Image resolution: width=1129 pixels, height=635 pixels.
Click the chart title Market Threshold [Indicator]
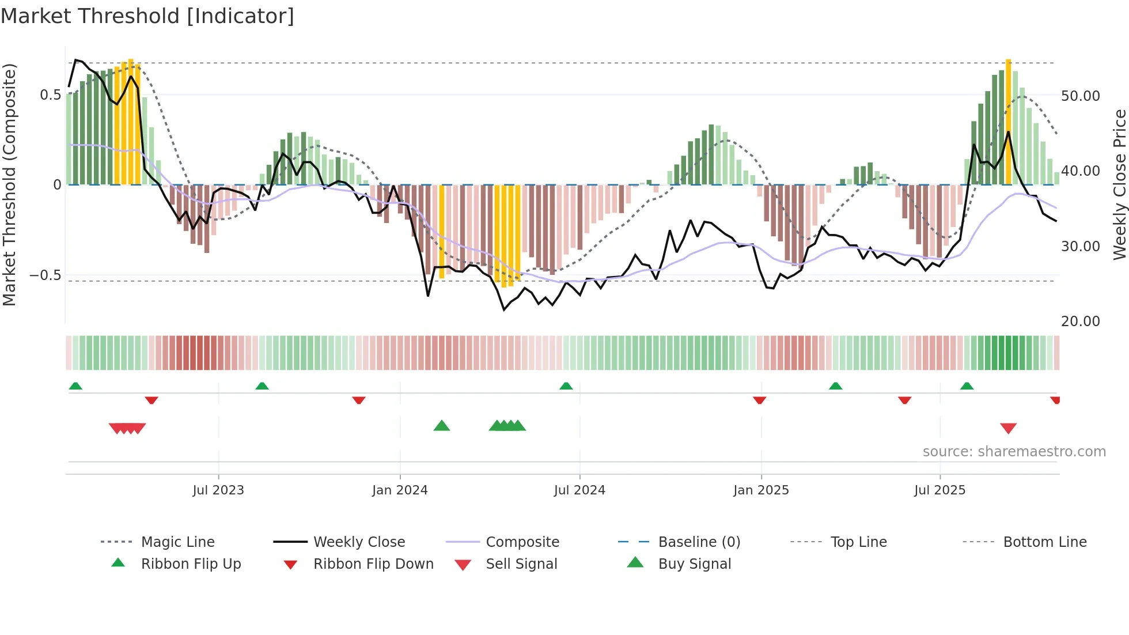[x=147, y=16]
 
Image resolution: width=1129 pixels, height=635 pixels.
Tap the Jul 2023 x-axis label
[x=218, y=490]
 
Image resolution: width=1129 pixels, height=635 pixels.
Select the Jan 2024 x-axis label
[x=400, y=490]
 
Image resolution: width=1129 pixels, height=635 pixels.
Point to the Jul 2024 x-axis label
[x=579, y=490]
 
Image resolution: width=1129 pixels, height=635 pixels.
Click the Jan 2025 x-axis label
[x=761, y=490]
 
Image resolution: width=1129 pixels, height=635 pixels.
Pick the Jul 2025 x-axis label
[x=939, y=490]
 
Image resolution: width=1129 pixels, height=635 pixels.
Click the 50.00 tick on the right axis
[x=1080, y=96]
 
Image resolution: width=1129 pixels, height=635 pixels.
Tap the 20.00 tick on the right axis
[x=1080, y=321]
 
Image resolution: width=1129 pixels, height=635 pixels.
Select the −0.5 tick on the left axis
[x=46, y=275]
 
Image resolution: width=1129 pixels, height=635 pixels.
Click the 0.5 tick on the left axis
[x=50, y=95]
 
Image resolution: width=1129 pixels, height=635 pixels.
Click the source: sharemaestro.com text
[x=1014, y=451]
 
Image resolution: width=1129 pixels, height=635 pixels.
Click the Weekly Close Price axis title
[x=1119, y=184]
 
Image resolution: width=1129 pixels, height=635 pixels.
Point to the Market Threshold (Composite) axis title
[x=9, y=184]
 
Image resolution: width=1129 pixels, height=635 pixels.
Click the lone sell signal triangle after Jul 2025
[x=1008, y=428]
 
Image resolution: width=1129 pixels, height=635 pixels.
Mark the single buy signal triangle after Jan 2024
[x=441, y=426]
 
